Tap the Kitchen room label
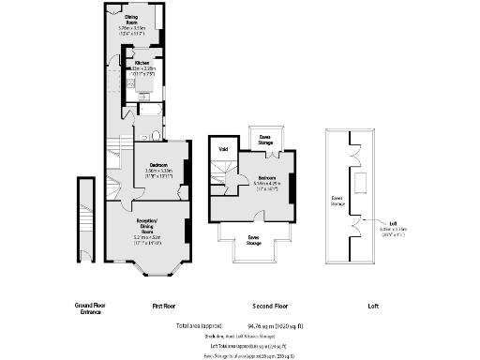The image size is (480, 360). (142, 63)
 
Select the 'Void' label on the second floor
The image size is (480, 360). (223, 149)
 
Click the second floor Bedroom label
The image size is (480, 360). (266, 176)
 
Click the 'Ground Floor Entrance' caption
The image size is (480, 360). (88, 308)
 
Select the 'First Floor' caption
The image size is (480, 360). (165, 306)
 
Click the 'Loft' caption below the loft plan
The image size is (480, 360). (372, 306)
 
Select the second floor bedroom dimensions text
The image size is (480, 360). (266, 186)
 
